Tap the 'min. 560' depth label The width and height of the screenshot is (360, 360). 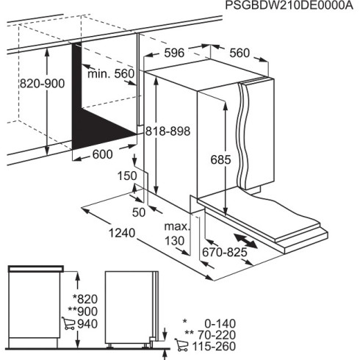click(111, 73)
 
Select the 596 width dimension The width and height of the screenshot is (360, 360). click(173, 54)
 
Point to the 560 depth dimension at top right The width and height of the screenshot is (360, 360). click(240, 53)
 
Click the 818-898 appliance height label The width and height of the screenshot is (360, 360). click(168, 131)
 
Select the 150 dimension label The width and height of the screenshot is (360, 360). click(126, 176)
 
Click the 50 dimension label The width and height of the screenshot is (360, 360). click(137, 213)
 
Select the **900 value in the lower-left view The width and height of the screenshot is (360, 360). click(82, 311)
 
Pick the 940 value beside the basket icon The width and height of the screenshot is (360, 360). click(86, 324)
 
